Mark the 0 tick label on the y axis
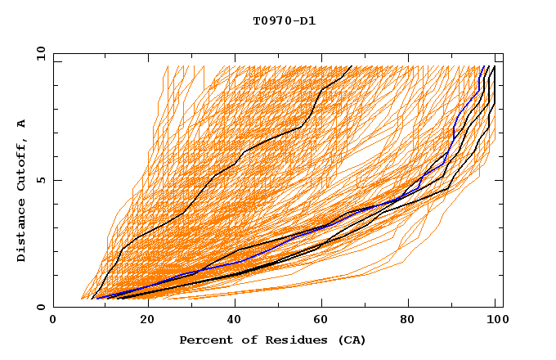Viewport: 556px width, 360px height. pos(41,307)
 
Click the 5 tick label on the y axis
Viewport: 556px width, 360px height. pos(41,180)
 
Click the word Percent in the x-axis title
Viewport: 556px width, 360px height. pos(204,340)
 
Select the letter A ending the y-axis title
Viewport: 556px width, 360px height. pos(21,124)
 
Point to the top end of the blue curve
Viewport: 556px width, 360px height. pos(483,67)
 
